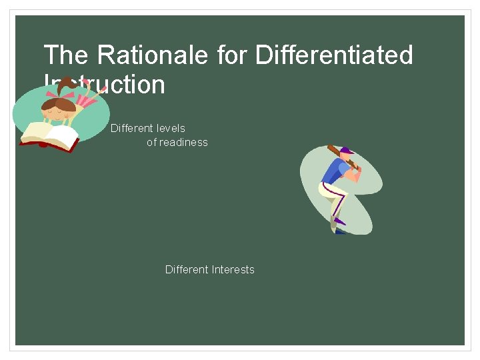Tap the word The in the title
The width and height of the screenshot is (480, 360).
pyautogui.click(x=65, y=55)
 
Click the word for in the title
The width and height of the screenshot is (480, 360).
pyautogui.click(x=233, y=55)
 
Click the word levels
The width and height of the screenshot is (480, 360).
pyautogui.click(x=170, y=128)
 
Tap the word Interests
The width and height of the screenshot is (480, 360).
pyautogui.click(x=233, y=269)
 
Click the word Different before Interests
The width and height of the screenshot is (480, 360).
pyautogui.click(x=187, y=269)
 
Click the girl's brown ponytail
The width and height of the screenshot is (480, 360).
pyautogui.click(x=67, y=86)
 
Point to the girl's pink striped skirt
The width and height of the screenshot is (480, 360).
pyautogui.click(x=90, y=100)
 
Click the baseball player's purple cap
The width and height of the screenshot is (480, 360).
pyautogui.click(x=347, y=151)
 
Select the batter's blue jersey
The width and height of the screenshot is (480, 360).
pyautogui.click(x=333, y=171)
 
